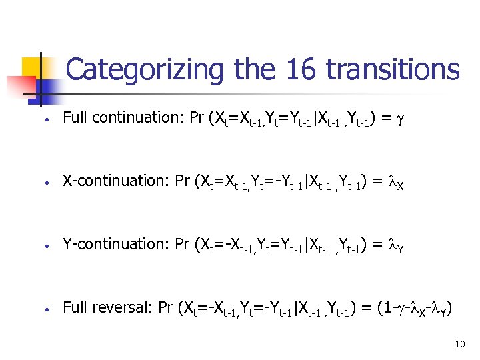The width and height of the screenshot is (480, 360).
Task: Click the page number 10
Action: pos(459,344)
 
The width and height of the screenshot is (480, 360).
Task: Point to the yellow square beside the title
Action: pos(33,67)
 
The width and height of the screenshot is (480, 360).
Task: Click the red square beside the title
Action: pos(20,85)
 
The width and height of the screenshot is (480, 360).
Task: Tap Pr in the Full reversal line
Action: pos(167,308)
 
